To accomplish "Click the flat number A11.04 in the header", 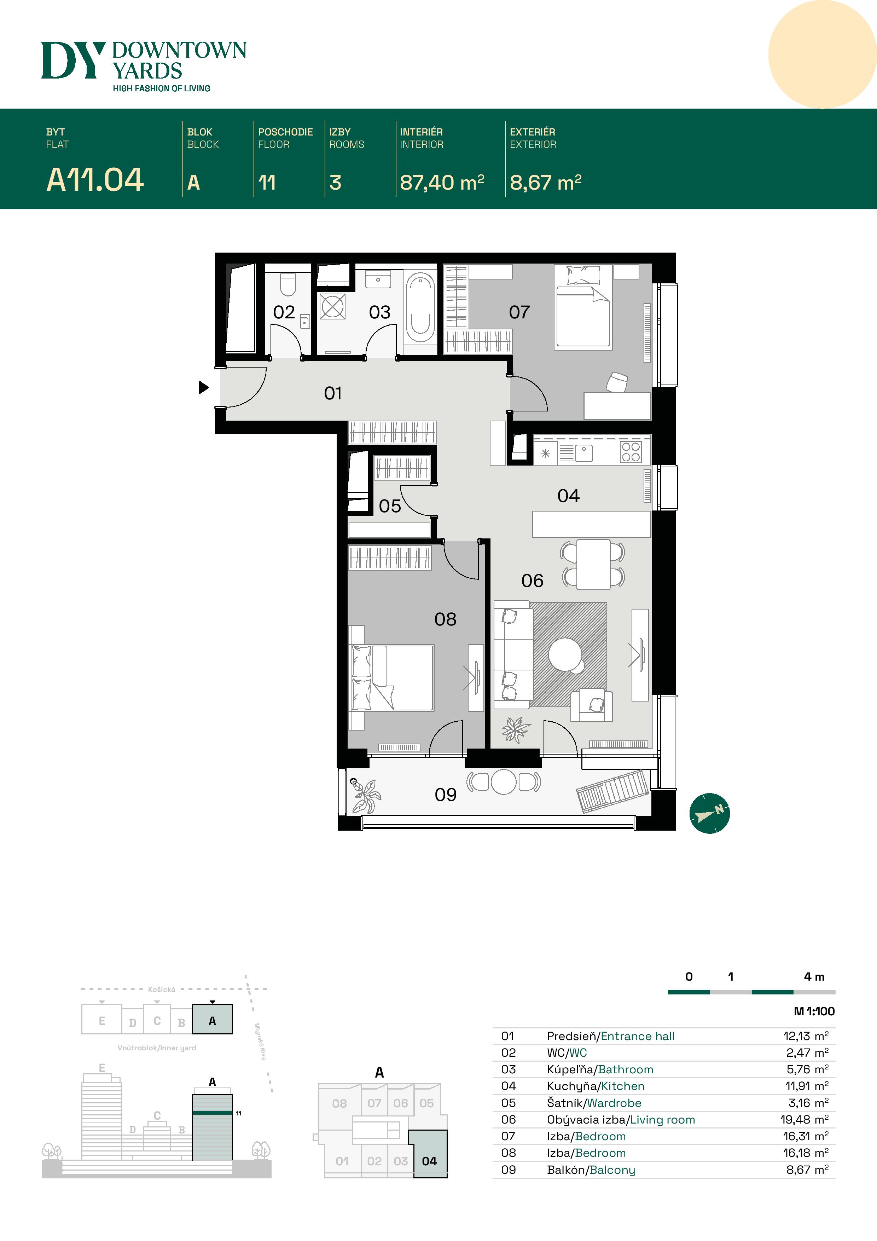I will point(95,180).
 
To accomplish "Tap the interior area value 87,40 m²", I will point(441,183).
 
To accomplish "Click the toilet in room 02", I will point(288,285).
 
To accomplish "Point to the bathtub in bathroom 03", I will point(420,308).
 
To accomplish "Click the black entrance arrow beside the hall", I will point(204,387).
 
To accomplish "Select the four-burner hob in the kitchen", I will point(631,452).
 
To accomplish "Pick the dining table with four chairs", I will point(593,564).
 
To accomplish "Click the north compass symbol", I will point(709,813).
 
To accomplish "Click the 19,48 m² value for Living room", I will point(804,1119).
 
